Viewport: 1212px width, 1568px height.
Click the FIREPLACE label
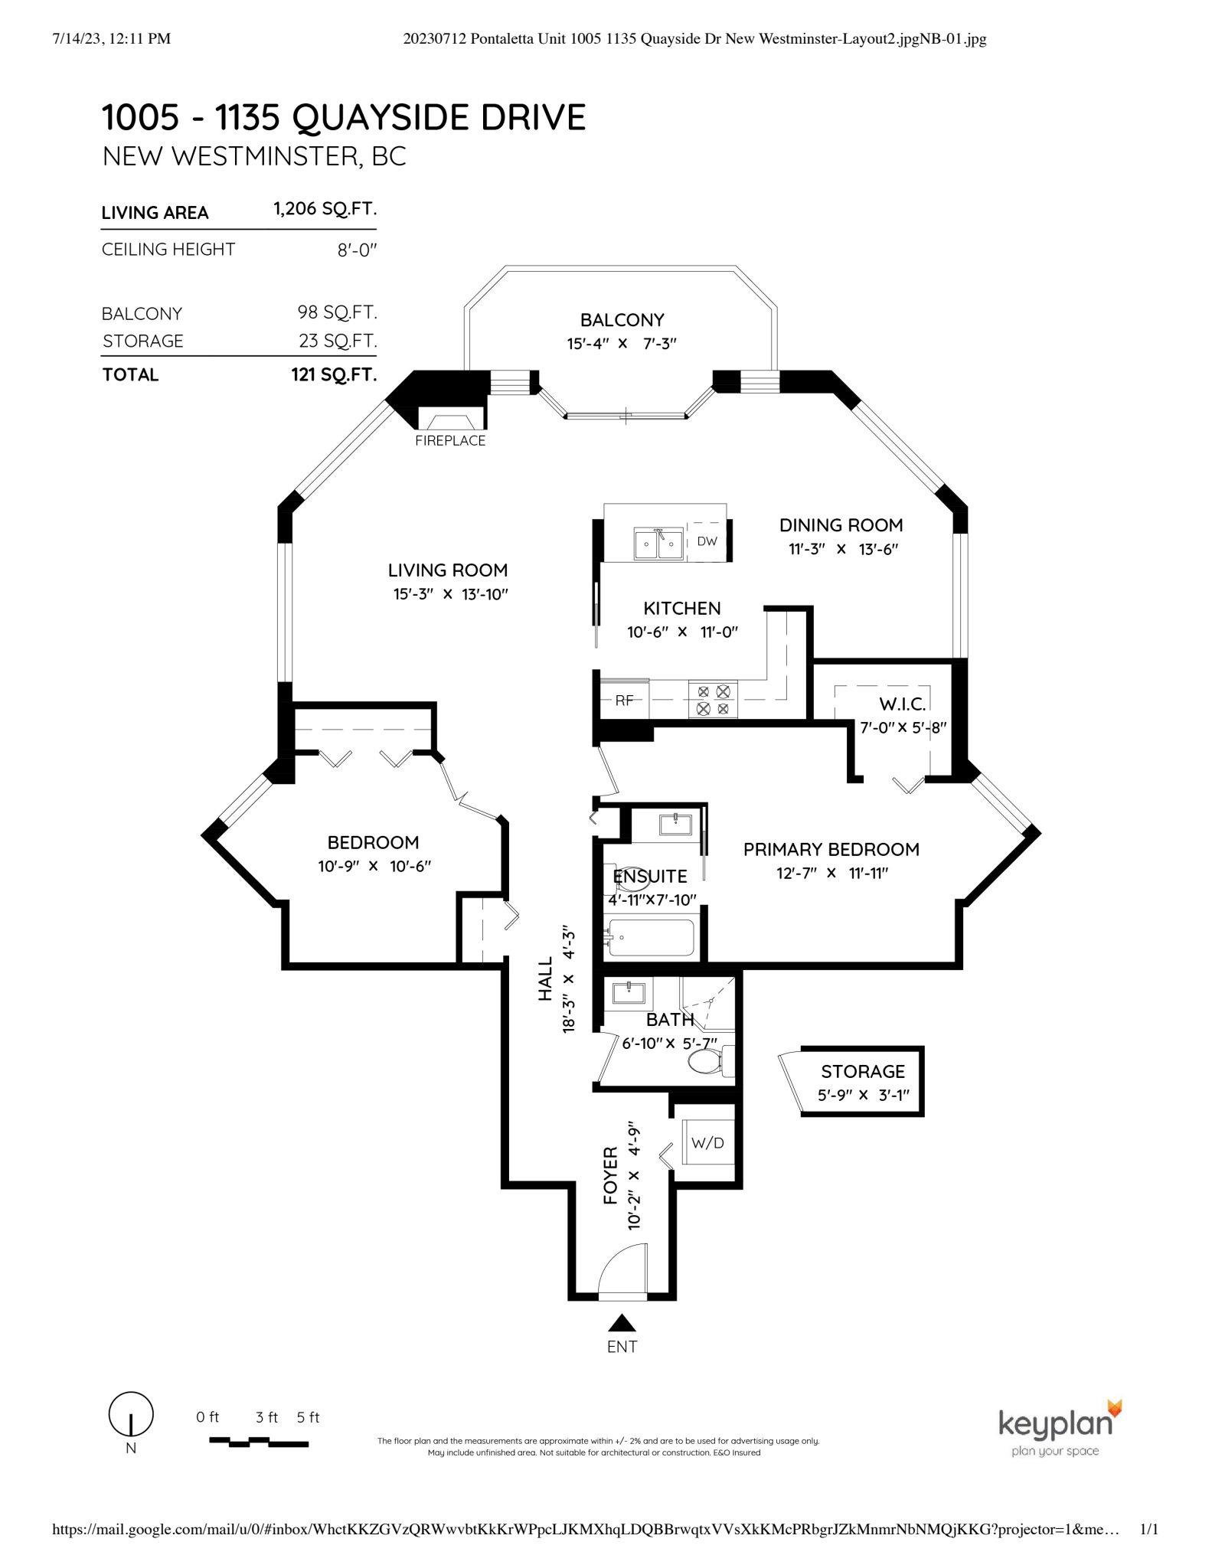pos(450,440)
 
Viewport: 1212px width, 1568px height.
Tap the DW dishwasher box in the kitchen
pos(707,541)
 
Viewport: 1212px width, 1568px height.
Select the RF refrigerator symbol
pos(625,700)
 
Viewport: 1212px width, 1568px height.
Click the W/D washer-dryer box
pos(707,1143)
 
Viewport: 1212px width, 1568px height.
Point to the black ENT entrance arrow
pos(622,1322)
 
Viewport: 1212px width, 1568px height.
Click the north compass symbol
pos(131,1414)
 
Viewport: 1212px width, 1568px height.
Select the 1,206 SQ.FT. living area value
pos(325,209)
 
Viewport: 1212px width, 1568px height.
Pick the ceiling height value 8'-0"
pos(358,250)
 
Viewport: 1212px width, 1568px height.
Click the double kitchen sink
pos(658,544)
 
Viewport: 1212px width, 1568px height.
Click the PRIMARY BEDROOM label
pos(831,849)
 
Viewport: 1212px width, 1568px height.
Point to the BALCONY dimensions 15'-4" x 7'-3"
pos(622,343)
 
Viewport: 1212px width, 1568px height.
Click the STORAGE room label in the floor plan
pos(862,1071)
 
